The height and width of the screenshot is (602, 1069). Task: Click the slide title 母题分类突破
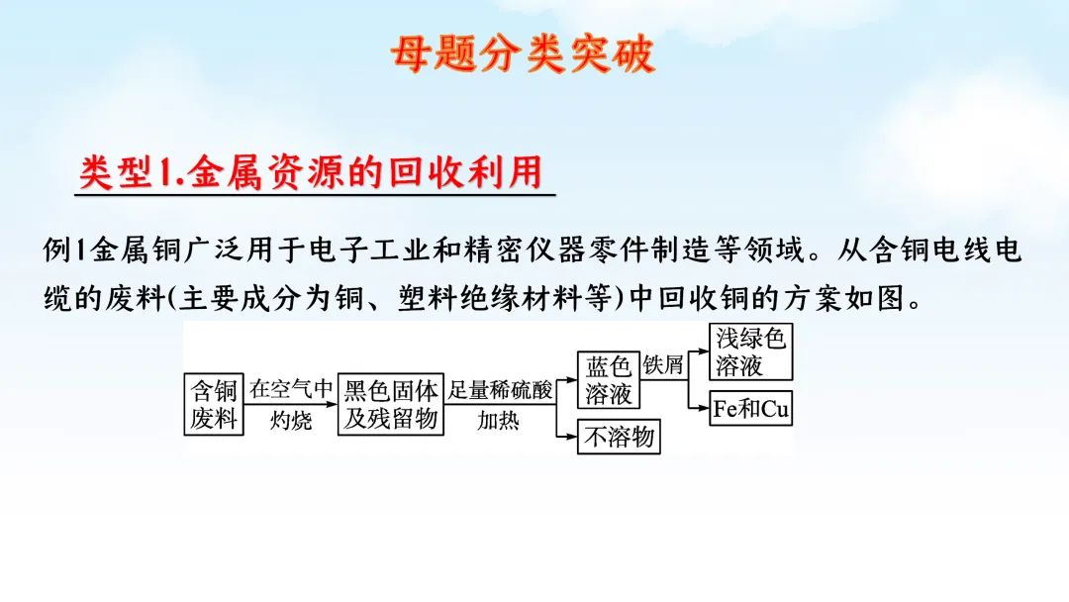click(x=523, y=54)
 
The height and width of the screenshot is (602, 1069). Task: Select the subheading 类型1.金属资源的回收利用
click(x=311, y=172)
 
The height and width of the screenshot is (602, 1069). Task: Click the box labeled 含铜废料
click(x=215, y=404)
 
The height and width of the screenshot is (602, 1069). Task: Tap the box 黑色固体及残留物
click(x=390, y=404)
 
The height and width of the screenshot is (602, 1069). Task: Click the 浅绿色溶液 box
click(x=751, y=352)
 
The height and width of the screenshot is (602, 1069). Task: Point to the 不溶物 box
click(x=619, y=437)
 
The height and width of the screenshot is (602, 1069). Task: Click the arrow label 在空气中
click(x=290, y=389)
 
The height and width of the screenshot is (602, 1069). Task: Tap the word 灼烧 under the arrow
click(x=290, y=421)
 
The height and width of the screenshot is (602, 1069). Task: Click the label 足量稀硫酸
click(x=501, y=389)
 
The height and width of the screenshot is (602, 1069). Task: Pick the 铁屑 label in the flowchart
click(x=663, y=365)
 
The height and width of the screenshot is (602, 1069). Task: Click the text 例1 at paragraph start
click(x=66, y=250)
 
